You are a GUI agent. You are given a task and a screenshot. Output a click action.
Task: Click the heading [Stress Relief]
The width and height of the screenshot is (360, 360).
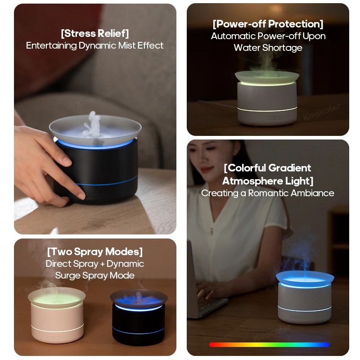tap(94, 33)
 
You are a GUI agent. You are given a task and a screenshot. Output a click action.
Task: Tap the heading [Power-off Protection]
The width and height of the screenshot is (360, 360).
tap(268, 24)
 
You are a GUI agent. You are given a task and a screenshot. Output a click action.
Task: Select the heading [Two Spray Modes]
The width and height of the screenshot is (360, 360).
tap(94, 252)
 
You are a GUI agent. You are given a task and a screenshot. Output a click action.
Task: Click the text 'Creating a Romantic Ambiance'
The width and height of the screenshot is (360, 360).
tap(268, 193)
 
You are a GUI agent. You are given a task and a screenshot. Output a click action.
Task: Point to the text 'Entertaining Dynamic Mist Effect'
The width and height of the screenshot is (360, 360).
tap(94, 45)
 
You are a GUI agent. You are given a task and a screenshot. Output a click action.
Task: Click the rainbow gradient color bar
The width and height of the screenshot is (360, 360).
tap(269, 345)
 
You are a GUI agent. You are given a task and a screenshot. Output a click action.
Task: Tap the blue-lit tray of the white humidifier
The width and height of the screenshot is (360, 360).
tap(305, 276)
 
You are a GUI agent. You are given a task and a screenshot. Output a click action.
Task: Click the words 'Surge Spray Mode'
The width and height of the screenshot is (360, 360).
tap(94, 275)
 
